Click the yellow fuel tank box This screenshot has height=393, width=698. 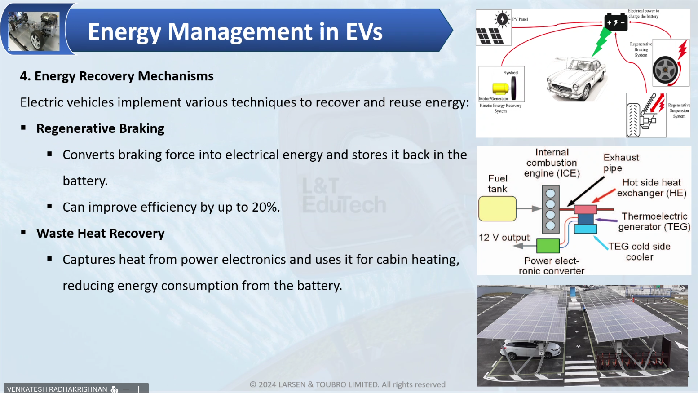497,208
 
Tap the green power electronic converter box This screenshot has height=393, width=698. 548,246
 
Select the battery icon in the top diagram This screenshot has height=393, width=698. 616,22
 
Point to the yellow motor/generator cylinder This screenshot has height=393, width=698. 500,88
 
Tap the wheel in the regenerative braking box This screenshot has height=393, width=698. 665,70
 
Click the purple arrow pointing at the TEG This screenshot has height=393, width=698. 607,220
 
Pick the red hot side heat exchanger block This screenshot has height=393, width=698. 586,209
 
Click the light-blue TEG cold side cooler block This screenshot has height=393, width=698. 586,229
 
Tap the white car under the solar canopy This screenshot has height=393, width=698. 530,349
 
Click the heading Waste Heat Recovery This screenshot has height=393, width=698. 100,233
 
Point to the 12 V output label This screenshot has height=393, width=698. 504,238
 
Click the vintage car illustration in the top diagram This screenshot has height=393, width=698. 576,79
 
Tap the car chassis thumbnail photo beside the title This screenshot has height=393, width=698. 34,31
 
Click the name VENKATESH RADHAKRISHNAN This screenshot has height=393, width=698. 57,389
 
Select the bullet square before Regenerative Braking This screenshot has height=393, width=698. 23,128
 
